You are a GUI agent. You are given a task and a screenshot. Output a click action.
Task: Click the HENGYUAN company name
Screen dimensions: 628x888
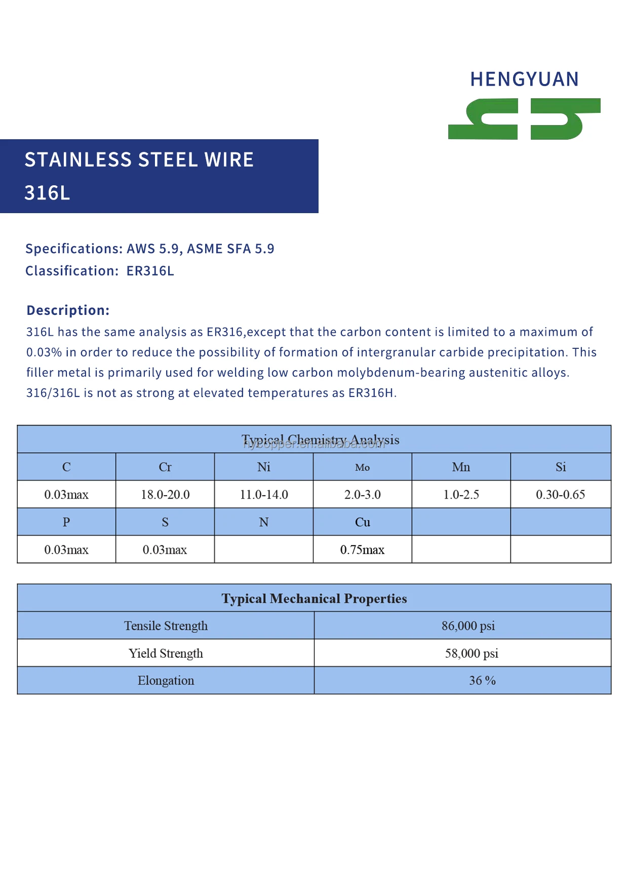pyautogui.click(x=524, y=79)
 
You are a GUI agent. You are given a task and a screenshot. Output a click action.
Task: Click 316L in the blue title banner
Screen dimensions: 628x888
pyautogui.click(x=47, y=193)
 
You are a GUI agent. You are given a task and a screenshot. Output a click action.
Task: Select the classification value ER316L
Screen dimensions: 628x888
pyautogui.click(x=150, y=271)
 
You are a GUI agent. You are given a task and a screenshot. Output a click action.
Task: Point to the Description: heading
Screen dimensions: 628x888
pyautogui.click(x=68, y=310)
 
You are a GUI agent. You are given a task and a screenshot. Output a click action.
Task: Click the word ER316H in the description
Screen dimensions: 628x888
pyautogui.click(x=370, y=393)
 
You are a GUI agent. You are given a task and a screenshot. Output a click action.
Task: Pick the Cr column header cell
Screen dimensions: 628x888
pyautogui.click(x=165, y=467)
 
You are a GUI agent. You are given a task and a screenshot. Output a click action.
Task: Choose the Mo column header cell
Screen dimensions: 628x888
pyautogui.click(x=362, y=467)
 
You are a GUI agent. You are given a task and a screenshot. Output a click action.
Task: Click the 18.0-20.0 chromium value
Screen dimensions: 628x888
pyautogui.click(x=165, y=495)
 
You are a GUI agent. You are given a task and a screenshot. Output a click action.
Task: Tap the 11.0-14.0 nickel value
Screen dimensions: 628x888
pyautogui.click(x=264, y=495)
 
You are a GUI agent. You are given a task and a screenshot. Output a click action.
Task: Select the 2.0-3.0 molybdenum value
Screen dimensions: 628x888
pyautogui.click(x=362, y=495)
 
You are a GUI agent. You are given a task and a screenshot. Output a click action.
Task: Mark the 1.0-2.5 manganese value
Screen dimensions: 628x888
pyautogui.click(x=461, y=495)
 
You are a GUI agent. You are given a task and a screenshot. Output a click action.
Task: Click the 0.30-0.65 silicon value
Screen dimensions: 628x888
pyautogui.click(x=560, y=495)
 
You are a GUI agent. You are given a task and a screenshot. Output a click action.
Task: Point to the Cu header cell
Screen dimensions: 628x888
pyautogui.click(x=362, y=522)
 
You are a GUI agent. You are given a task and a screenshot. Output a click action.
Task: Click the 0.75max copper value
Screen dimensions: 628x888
pyautogui.click(x=362, y=550)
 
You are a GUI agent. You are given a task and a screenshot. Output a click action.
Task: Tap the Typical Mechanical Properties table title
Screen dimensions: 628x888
pyautogui.click(x=314, y=598)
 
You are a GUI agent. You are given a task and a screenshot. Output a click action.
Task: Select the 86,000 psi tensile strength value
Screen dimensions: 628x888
pyautogui.click(x=468, y=626)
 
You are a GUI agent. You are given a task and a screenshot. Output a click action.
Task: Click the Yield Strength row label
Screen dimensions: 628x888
pyautogui.click(x=166, y=653)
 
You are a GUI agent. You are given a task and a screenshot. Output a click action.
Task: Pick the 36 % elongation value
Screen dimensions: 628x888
pyautogui.click(x=482, y=680)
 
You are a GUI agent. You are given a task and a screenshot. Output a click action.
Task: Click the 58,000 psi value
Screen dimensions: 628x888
pyautogui.click(x=472, y=653)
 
